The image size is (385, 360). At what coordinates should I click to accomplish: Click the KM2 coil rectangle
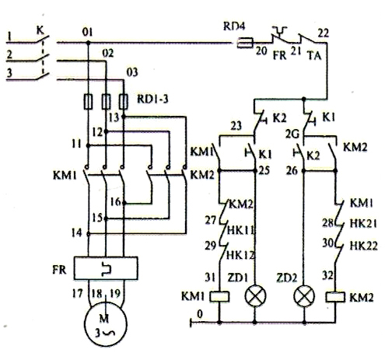click(337, 297)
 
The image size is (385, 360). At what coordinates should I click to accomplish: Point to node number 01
click(87, 32)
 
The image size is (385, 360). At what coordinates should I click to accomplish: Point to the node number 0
click(201, 312)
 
